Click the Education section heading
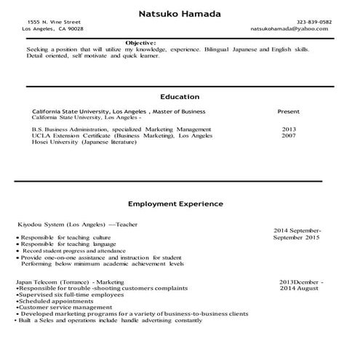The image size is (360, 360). coord(180,97)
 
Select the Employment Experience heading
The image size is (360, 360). coord(175,204)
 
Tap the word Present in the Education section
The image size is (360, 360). coord(289,112)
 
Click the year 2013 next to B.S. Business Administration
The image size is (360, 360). coord(289,129)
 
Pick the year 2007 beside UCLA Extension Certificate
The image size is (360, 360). coord(289,135)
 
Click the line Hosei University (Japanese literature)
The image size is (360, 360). coord(84,142)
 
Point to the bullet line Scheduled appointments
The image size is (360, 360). coord(52,301)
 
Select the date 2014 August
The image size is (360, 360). coord(299,289)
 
